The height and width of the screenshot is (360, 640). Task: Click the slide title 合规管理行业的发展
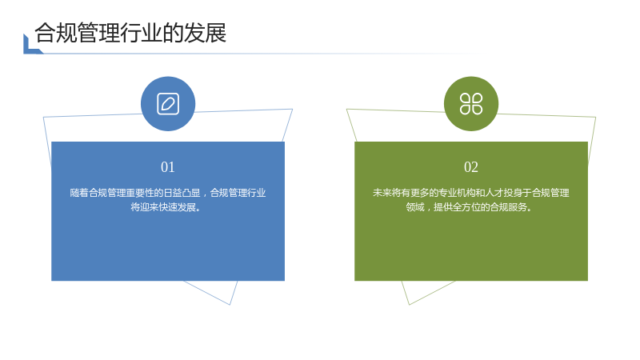pyautogui.click(x=130, y=33)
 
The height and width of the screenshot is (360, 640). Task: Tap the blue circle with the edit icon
pyautogui.click(x=168, y=104)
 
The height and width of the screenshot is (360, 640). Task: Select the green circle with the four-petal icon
pyautogui.click(x=471, y=104)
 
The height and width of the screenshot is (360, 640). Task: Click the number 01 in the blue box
pyautogui.click(x=168, y=167)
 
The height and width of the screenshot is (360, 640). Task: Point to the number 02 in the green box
pyautogui.click(x=471, y=167)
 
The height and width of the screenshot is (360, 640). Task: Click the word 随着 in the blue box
pyautogui.click(x=79, y=193)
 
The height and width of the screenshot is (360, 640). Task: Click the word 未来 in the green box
pyautogui.click(x=382, y=193)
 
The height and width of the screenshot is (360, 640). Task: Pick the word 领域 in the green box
pyautogui.click(x=415, y=207)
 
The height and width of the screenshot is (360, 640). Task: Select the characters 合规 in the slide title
pyautogui.click(x=56, y=33)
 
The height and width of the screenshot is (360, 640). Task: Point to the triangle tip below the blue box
pyautogui.click(x=230, y=305)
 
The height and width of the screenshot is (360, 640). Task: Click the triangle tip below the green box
pyautogui.click(x=409, y=305)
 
